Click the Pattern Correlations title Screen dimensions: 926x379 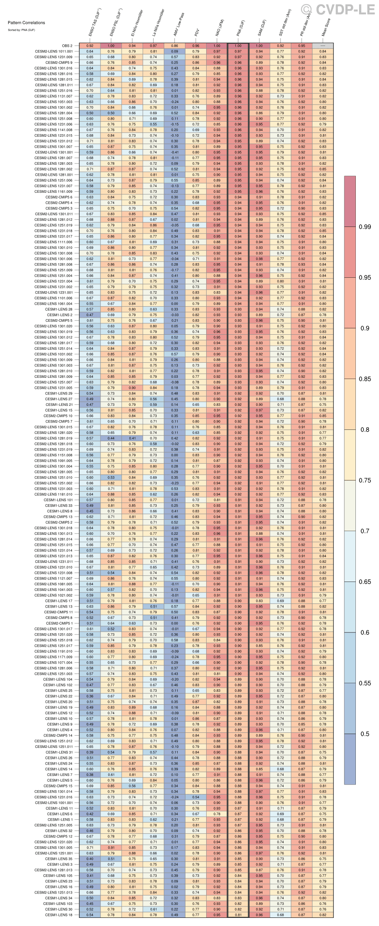coord(26,23)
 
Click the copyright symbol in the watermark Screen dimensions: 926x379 coord(307,9)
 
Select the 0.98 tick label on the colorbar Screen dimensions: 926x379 coord(365,227)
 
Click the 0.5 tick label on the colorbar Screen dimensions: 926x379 coord(365,734)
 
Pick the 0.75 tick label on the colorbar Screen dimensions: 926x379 coord(365,480)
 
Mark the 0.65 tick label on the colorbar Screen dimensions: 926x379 coord(365,582)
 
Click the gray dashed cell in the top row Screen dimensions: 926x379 coord(323,46)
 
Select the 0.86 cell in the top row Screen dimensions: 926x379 coord(175,46)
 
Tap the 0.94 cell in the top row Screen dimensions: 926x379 coord(133,46)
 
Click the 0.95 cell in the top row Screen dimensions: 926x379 coord(302,46)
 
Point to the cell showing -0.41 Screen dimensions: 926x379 coord(175,153)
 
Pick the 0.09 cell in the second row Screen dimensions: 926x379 coord(175,52)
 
